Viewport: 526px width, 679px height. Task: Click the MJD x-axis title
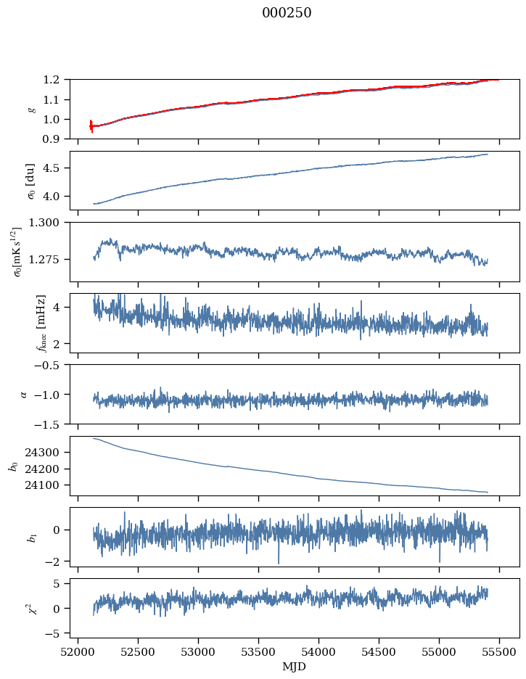[x=295, y=667]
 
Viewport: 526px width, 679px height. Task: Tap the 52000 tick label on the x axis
[x=78, y=653]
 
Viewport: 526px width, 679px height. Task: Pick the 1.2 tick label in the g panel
[x=56, y=79]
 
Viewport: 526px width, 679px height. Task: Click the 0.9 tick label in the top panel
[x=56, y=139]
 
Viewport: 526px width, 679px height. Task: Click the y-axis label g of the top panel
[x=30, y=109]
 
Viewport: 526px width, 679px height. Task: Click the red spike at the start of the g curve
[x=91, y=125]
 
